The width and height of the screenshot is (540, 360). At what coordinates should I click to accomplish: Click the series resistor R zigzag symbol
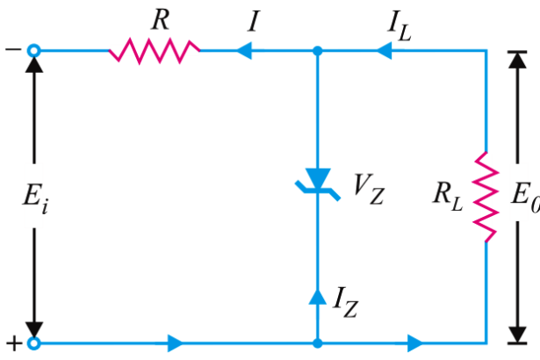tap(155, 52)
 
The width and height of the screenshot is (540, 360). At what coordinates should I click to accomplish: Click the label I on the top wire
tap(253, 21)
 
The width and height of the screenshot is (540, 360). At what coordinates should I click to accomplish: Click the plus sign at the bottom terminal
tap(12, 343)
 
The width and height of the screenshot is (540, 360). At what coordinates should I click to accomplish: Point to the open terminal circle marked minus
tap(34, 52)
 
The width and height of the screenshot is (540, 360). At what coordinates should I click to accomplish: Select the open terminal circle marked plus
tap(34, 342)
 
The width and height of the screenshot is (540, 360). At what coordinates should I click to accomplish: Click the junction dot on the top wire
tap(317, 52)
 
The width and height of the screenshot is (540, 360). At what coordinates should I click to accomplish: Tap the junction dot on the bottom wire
tap(317, 342)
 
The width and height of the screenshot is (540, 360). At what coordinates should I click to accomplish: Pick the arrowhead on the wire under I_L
tap(383, 52)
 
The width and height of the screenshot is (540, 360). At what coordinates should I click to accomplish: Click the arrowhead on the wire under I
tap(241, 52)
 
